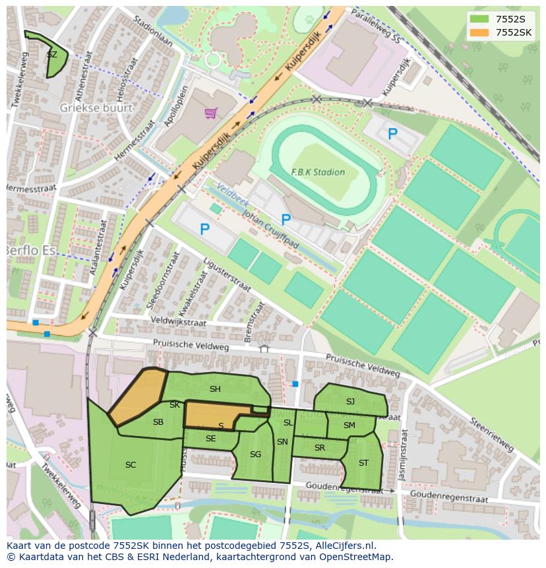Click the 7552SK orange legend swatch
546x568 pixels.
479,32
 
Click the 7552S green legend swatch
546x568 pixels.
479,19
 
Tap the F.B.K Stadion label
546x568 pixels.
318,172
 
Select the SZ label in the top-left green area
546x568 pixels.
52,55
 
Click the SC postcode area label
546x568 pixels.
131,465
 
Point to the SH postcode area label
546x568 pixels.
215,389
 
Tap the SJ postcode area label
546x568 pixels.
350,401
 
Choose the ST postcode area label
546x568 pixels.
363,462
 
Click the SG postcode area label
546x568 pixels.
255,454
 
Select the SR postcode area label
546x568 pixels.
320,448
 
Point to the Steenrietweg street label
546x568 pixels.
491,435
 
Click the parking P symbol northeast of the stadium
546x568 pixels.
392,135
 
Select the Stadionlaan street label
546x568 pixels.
152,31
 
